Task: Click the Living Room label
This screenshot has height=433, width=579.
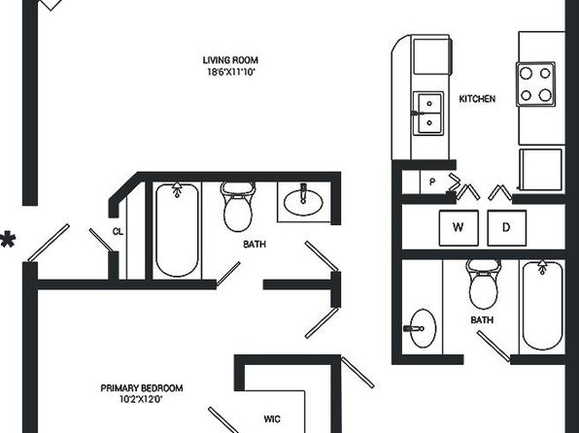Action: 230,60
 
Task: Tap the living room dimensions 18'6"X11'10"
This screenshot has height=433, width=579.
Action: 231,72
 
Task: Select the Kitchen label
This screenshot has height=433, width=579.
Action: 477,99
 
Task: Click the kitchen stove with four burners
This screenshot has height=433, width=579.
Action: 535,84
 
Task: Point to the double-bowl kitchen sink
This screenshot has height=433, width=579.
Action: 428,114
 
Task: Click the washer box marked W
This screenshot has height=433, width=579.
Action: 459,228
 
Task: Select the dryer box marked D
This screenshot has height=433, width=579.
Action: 507,228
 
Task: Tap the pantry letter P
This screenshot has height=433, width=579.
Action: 432,182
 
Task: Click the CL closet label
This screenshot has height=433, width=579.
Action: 118,232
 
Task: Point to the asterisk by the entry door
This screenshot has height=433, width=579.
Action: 8,240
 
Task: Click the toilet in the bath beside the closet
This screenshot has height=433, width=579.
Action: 238,207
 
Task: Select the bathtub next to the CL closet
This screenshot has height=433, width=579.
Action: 177,229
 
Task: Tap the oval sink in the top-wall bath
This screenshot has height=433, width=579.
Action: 303,202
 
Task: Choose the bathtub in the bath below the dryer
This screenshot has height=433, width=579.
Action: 542,306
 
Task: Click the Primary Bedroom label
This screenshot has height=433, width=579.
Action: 142,388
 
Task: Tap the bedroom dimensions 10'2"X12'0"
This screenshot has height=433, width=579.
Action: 142,399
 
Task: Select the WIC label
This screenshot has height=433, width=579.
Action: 272,419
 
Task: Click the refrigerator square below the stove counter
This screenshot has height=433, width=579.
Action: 541,170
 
